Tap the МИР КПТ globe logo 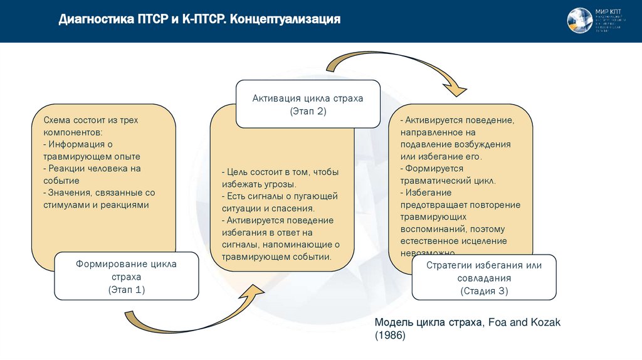(580, 21)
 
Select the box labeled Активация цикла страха (308, 103)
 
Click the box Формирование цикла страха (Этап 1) (126, 276)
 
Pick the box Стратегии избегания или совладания (484, 277)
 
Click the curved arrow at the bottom (188, 317)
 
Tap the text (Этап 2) (308, 111)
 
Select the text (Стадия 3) (484, 291)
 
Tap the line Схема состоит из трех (90, 119)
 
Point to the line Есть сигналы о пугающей (279, 196)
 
